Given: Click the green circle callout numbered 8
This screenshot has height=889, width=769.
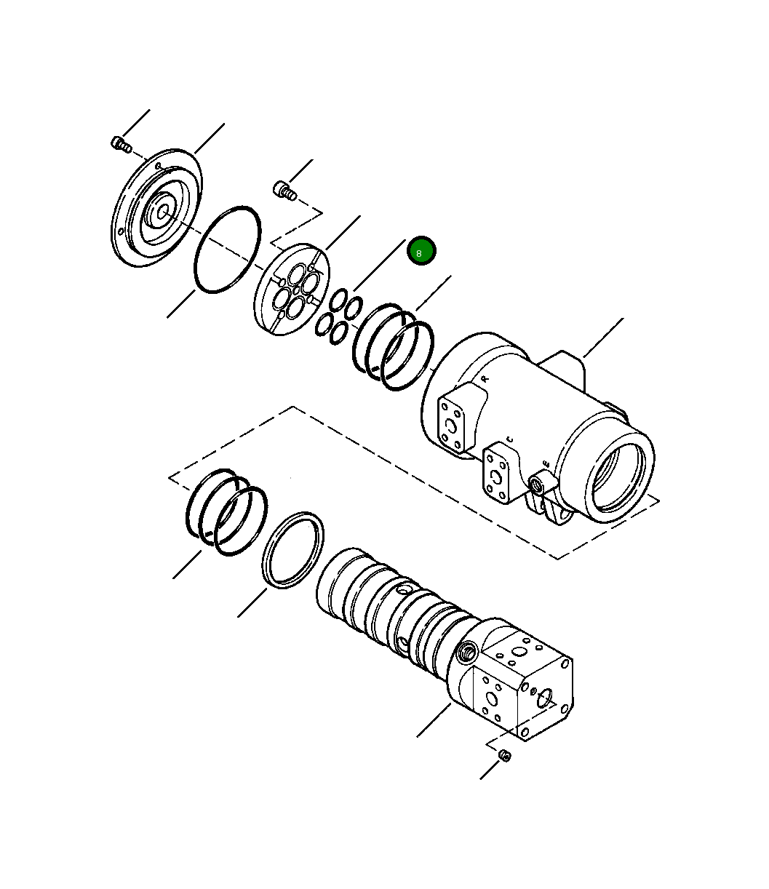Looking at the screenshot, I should [x=421, y=251].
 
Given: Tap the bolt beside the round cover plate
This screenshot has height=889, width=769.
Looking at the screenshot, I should [x=120, y=145].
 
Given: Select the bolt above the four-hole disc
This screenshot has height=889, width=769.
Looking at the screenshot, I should [x=284, y=191].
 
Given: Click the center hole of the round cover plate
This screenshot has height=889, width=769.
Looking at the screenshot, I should [x=163, y=212].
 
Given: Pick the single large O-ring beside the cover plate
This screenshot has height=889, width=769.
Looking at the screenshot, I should [x=227, y=250].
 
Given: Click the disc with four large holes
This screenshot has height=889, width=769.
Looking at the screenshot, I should [x=291, y=291].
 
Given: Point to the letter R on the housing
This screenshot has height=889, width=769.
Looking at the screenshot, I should [x=485, y=378].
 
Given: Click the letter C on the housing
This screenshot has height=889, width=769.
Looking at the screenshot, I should [x=509, y=439].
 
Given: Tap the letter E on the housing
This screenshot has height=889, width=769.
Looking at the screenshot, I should [x=546, y=463].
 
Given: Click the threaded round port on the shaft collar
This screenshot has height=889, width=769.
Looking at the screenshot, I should [x=466, y=650].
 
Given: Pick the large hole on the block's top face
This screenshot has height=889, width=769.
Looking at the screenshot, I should [x=518, y=652].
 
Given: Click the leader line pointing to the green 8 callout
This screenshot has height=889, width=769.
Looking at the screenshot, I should [x=379, y=265].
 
